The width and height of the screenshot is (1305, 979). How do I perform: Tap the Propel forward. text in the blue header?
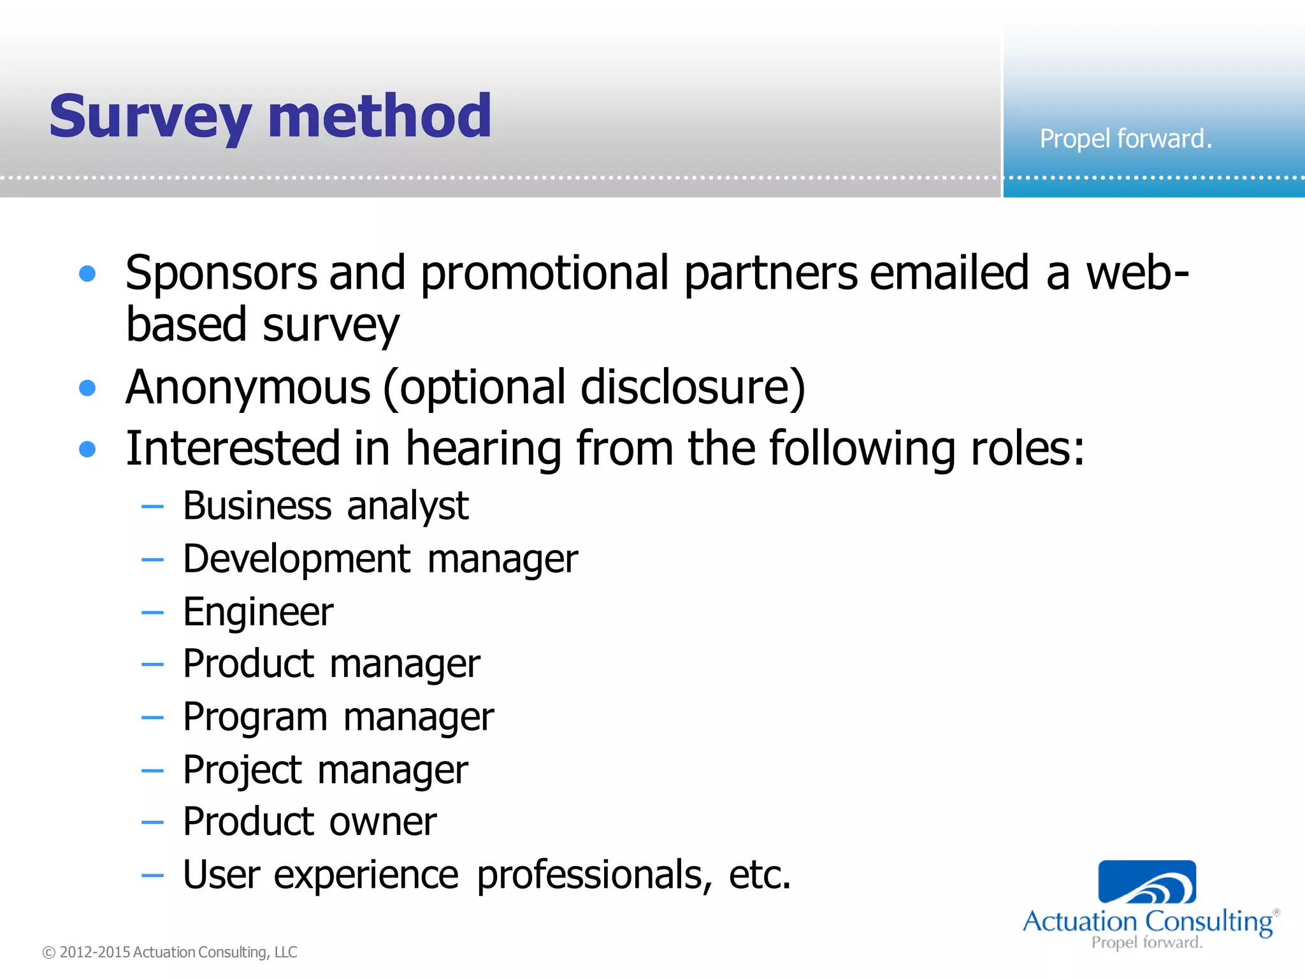(x=1125, y=138)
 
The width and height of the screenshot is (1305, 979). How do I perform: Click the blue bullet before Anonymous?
(x=87, y=388)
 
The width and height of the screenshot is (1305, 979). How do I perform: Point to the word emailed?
(x=949, y=273)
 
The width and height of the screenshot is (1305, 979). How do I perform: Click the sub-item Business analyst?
(x=326, y=506)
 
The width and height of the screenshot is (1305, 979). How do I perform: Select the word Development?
(x=297, y=559)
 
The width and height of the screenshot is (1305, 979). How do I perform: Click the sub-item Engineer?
(x=258, y=612)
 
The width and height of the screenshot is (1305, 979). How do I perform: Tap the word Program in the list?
(x=255, y=718)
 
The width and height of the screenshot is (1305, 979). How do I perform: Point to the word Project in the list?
(x=242, y=770)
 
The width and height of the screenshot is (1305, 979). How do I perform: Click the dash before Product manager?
(x=152, y=664)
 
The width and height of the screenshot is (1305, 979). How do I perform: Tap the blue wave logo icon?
(x=1147, y=882)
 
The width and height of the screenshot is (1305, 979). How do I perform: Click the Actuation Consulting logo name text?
(x=1147, y=922)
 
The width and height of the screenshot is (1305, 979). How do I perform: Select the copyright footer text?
(x=169, y=952)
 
